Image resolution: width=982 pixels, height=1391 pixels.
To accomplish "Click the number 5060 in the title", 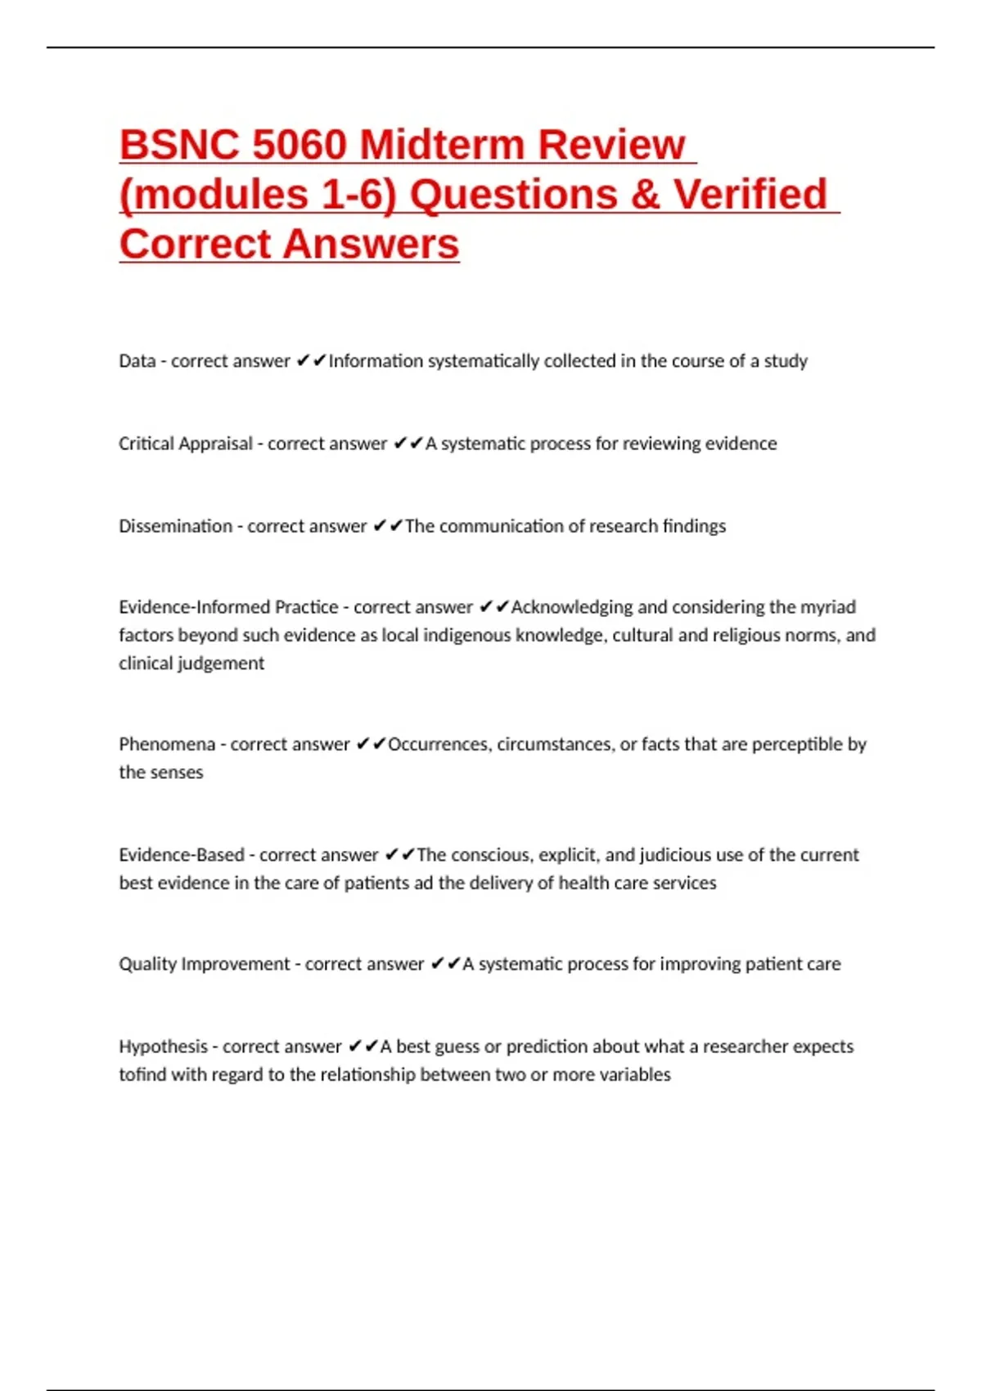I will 300,145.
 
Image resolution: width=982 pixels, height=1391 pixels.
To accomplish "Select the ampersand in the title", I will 643,195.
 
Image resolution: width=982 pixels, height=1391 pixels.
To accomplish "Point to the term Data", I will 137,361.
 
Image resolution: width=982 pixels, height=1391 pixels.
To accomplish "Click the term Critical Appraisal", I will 186,443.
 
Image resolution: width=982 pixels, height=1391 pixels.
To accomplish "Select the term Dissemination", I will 175,526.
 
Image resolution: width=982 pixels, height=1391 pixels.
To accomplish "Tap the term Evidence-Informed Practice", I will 228,607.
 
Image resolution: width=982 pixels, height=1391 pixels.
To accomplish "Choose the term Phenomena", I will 167,745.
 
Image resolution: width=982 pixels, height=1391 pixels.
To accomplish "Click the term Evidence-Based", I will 182,855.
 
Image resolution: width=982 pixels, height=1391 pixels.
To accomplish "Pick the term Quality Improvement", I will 205,964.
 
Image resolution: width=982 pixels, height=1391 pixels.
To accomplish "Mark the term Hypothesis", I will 163,1047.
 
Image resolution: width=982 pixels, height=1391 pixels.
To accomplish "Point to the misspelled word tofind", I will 142,1074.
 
